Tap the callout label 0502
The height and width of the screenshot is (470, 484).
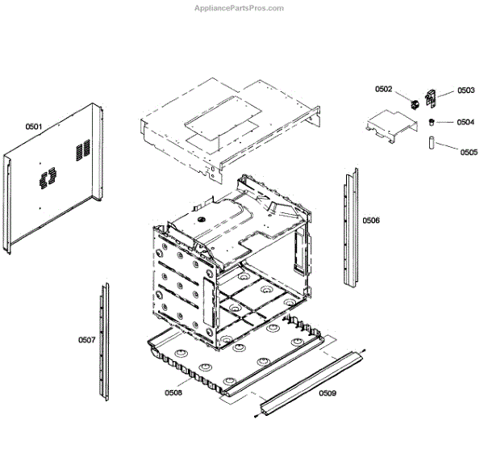(x=383, y=89)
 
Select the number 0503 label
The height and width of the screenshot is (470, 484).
(x=465, y=91)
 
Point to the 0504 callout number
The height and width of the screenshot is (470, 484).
(x=465, y=123)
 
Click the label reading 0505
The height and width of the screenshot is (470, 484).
(x=469, y=152)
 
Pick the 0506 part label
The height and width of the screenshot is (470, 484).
(x=370, y=220)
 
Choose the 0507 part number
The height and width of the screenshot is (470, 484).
(x=86, y=340)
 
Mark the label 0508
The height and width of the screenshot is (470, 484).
(x=173, y=393)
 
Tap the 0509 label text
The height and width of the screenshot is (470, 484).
(x=327, y=393)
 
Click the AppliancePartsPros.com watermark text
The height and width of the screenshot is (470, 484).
(x=240, y=8)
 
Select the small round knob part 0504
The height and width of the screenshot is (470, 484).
(x=431, y=122)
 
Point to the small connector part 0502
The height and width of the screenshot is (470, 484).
(x=415, y=103)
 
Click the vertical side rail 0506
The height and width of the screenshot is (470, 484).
(x=351, y=226)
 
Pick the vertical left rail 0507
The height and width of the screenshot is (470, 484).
(x=104, y=339)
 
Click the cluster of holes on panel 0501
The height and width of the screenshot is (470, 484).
(x=46, y=176)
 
